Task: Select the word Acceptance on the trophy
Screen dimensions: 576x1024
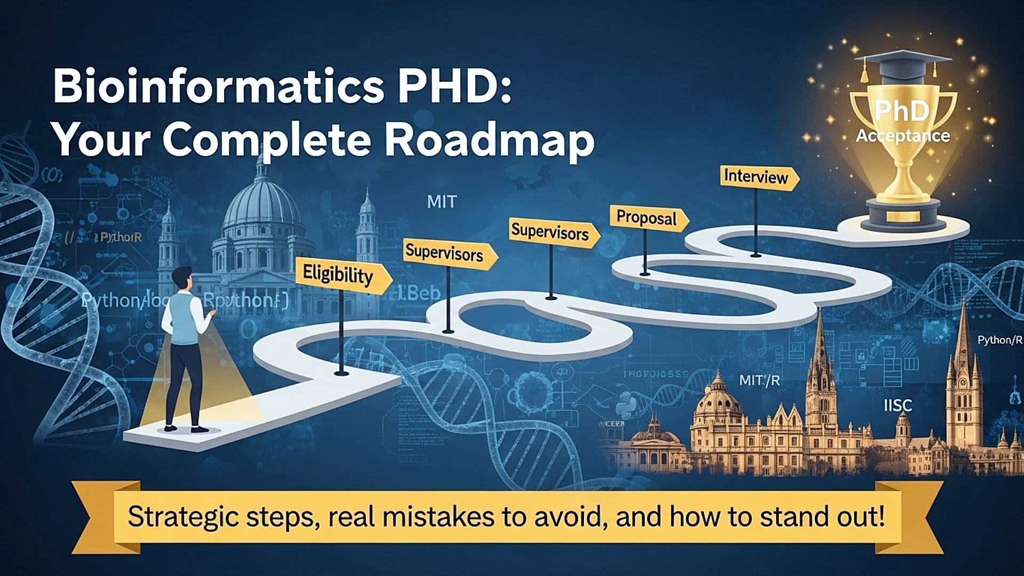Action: pos(903,136)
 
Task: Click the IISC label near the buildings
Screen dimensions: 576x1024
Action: pos(898,406)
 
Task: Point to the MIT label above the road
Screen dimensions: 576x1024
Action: pos(442,202)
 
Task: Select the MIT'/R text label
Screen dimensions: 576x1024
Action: pos(759,380)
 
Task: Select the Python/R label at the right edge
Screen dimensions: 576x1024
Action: pos(999,340)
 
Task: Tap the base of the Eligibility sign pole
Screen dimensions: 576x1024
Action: pos(341,373)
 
